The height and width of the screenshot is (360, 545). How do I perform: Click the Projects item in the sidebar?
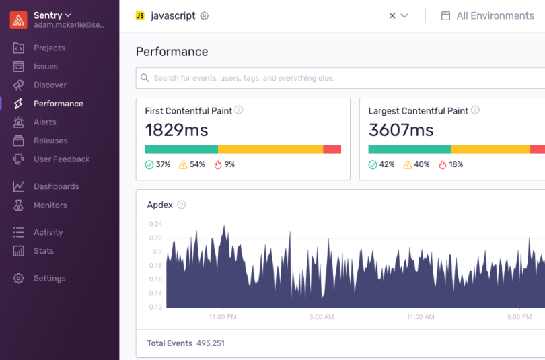coord(49,48)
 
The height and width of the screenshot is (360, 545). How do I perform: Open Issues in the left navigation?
coord(45,67)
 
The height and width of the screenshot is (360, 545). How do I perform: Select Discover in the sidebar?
coord(50,85)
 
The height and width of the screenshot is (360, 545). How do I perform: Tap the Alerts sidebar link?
coord(44,122)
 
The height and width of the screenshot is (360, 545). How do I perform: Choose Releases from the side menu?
coord(50,141)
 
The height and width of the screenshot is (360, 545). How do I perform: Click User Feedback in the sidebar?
coord(61,159)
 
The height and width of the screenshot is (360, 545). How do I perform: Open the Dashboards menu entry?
coord(56,186)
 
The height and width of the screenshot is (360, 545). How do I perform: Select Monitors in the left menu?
coord(50,205)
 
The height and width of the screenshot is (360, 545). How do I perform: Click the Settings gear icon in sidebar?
coord(19,278)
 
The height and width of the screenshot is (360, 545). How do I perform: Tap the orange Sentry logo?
coord(18,20)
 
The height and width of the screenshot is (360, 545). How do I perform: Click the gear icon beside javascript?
coord(205,16)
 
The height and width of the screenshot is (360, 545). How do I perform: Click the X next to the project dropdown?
coord(392,16)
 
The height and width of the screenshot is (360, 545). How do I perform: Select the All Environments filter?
coord(488,15)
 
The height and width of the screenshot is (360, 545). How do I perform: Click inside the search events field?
coord(336,78)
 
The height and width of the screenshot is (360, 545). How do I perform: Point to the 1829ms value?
coord(176,130)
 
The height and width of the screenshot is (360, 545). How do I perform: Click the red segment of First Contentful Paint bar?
coord(332,149)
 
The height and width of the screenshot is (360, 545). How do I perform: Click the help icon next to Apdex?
coord(181,205)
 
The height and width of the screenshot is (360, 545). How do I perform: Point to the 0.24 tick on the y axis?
coord(155,224)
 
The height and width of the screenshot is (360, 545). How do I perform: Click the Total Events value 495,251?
coord(211,343)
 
